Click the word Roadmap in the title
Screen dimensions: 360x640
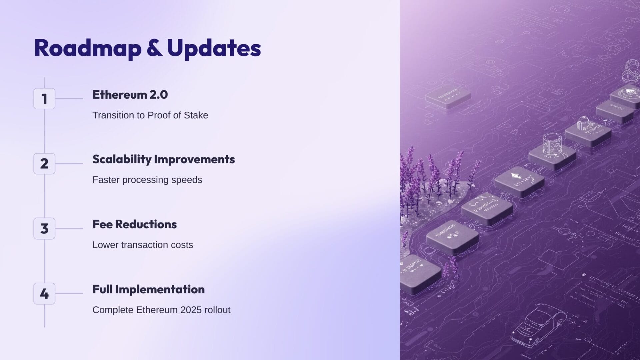pos(88,48)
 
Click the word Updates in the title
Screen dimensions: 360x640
pos(214,48)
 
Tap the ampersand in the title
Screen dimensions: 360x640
pos(154,48)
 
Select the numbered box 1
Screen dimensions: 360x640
pos(44,99)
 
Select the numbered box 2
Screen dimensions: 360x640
pos(44,164)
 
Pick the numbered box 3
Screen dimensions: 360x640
pos(44,229)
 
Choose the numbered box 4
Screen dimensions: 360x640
pos(44,294)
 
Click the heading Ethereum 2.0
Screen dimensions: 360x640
pos(130,95)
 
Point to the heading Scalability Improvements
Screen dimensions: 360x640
pos(163,159)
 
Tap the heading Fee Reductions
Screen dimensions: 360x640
pos(134,224)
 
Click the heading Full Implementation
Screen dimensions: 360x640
pos(148,289)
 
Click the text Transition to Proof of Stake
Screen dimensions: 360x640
pos(150,115)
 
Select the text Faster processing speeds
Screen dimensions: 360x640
pos(147,180)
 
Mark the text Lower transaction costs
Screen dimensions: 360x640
pos(143,245)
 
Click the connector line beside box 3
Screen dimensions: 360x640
pos(69,229)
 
